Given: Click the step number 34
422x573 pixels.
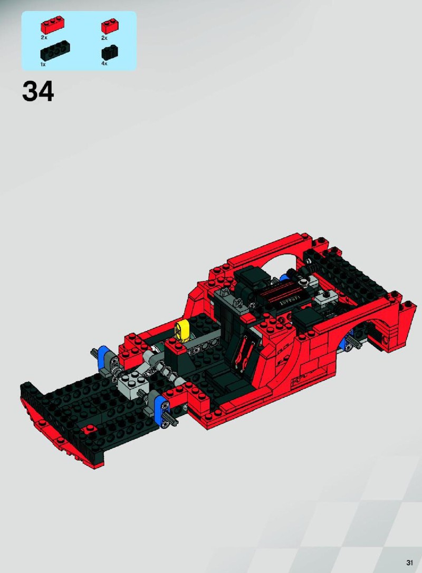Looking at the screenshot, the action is coord(38,91).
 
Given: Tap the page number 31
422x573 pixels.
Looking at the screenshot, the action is coord(409,562).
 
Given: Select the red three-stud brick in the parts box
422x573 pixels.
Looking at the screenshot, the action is coord(53,25).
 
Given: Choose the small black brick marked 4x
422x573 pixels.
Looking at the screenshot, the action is coord(109,53).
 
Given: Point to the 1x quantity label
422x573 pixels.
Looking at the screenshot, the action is coord(43,64).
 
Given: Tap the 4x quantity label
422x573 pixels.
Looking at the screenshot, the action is coord(104,64).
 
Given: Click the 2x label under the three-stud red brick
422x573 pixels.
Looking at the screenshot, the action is coord(44,37).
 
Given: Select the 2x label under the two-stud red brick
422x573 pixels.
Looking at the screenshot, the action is coord(104,38).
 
